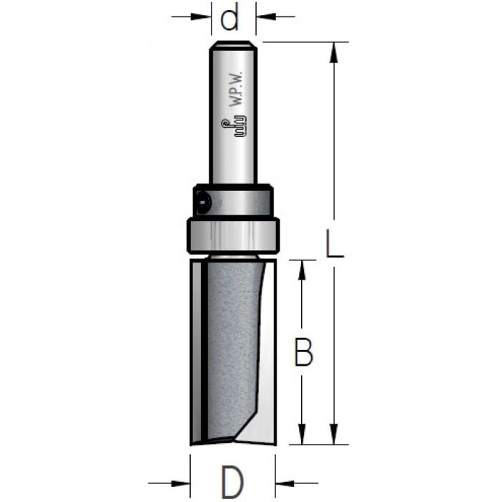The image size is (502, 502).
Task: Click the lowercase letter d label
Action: click(x=229, y=18)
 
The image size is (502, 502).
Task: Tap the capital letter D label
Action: click(x=233, y=482)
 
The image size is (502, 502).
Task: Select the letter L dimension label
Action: click(x=334, y=243)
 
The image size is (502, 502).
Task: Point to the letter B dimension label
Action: click(x=303, y=352)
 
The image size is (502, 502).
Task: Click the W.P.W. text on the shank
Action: click(x=237, y=90)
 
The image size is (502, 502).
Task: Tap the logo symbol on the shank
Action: click(x=234, y=127)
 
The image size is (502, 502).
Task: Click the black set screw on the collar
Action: click(x=203, y=203)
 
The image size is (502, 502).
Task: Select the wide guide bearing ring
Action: click(x=233, y=236)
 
